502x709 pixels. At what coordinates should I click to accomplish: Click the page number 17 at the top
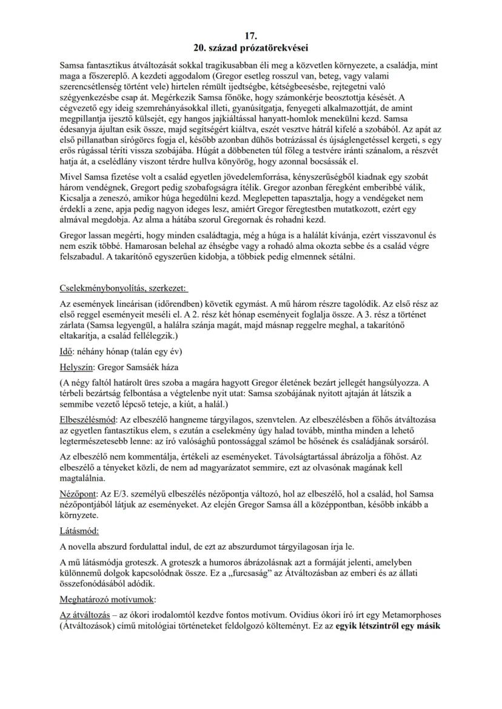coord(250,36)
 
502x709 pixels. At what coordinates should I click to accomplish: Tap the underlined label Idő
coord(67,352)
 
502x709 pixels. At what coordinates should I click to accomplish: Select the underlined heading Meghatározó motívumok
coord(107,599)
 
